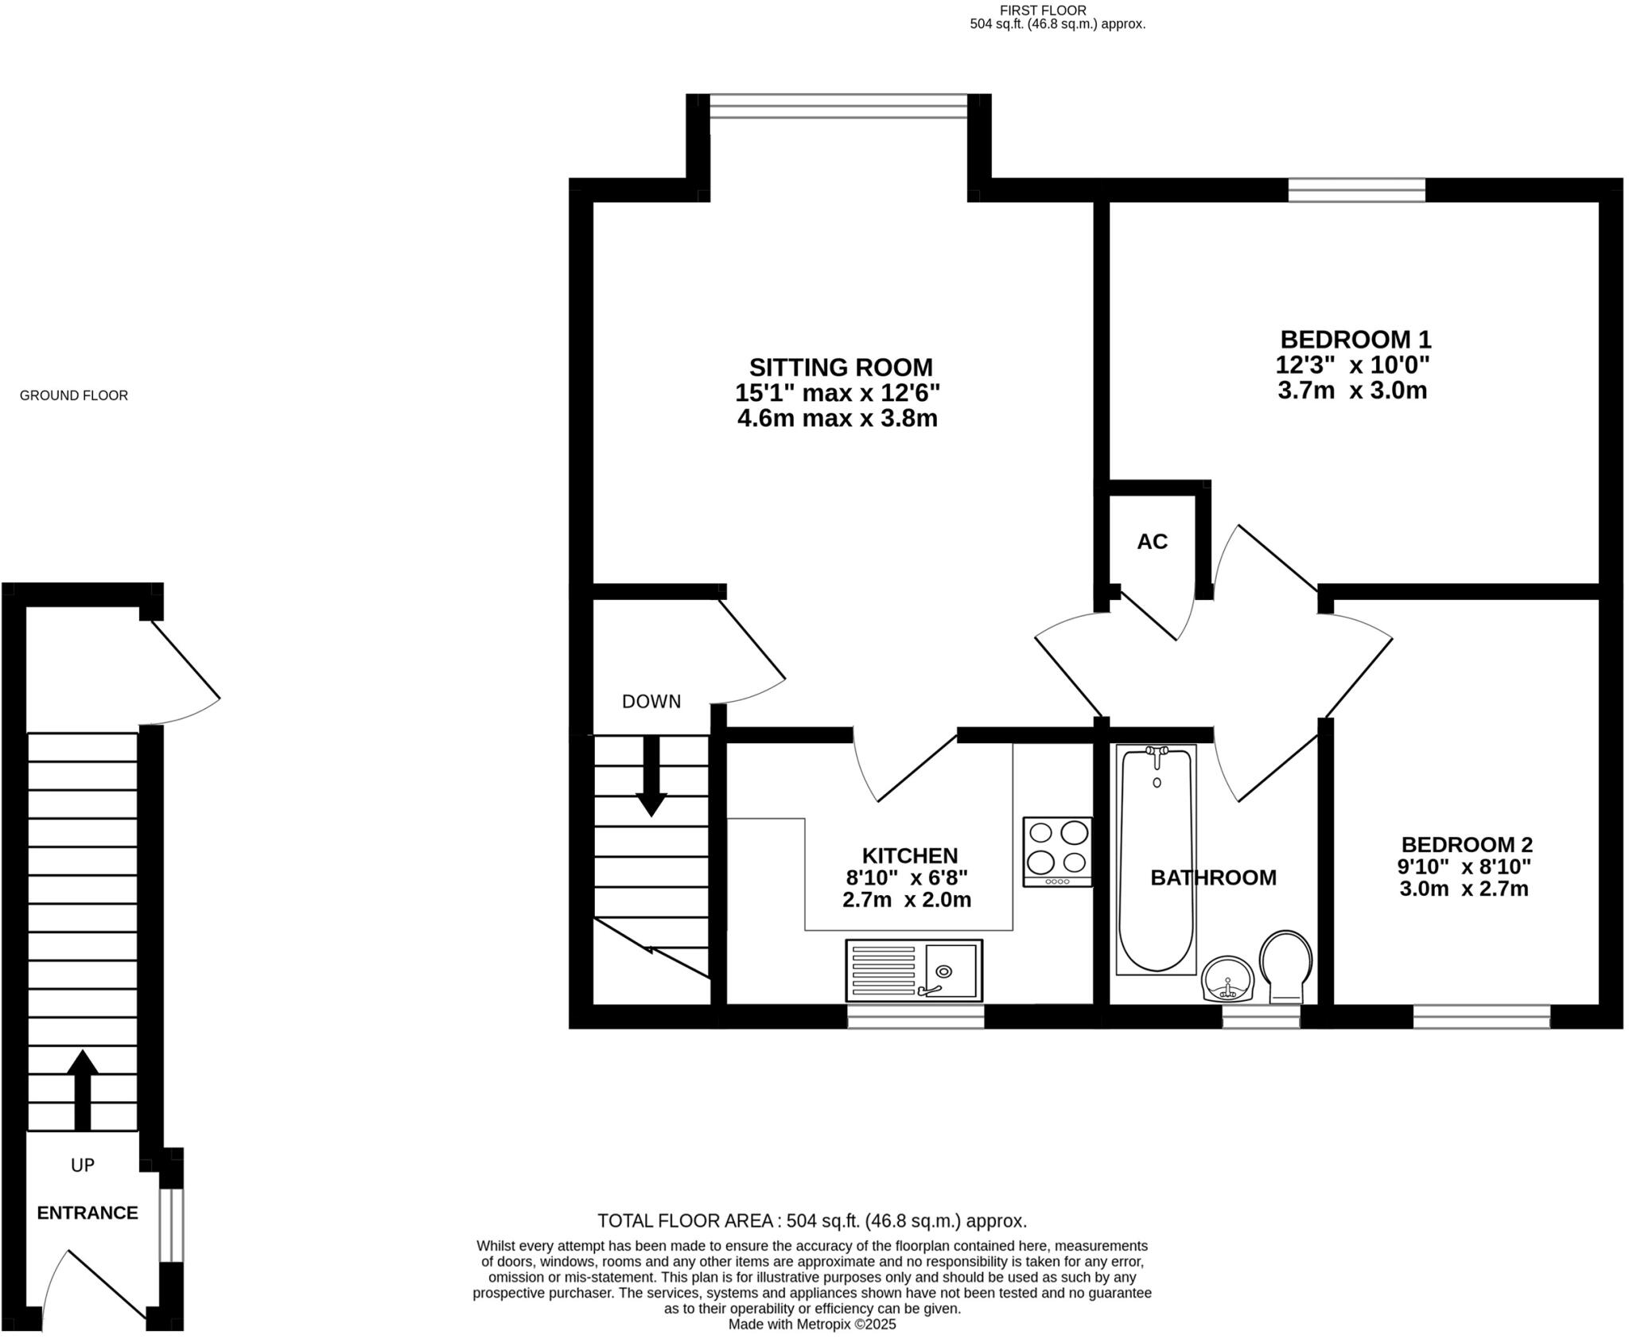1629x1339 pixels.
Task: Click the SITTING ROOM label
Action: (840, 368)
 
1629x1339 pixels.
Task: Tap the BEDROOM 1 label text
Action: (1355, 340)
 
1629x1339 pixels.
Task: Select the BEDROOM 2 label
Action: (1466, 844)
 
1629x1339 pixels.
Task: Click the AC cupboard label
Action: (1152, 542)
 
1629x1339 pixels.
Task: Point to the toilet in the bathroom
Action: (1285, 966)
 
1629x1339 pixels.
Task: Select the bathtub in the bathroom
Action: (1156, 859)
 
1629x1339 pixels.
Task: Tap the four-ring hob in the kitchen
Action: (1057, 851)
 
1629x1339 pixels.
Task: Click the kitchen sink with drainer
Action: (914, 970)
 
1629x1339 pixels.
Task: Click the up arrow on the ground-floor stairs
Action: (82, 1089)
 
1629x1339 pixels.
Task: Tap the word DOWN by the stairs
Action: (651, 702)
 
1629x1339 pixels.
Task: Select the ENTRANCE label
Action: (87, 1212)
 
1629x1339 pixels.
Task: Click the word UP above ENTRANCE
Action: (83, 1165)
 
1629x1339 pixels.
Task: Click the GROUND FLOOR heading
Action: (73, 395)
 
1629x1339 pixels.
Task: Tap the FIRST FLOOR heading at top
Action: (1042, 10)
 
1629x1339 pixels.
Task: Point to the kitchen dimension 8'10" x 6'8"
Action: (906, 878)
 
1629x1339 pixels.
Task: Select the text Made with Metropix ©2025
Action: (811, 1325)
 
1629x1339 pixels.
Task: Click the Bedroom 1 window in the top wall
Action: (1356, 190)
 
